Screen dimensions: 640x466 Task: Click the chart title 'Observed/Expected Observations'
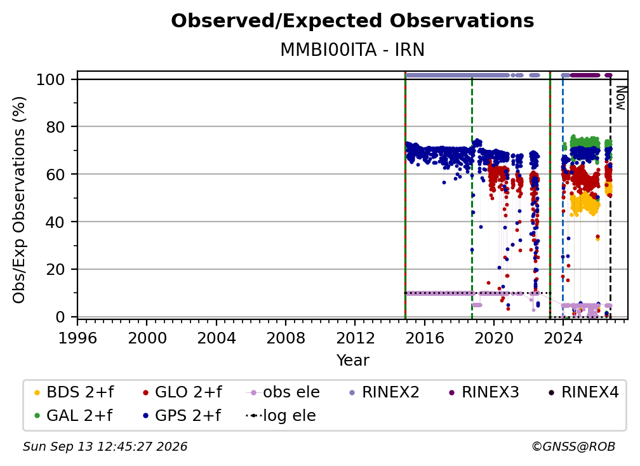click(x=352, y=21)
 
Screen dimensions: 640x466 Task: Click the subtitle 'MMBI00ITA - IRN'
click(x=352, y=50)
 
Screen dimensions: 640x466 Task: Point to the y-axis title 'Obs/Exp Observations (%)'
click(x=19, y=200)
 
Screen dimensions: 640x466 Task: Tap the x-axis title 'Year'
click(x=352, y=360)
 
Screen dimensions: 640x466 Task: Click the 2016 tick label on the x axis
click(x=425, y=338)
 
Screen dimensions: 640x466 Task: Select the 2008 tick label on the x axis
click(x=286, y=338)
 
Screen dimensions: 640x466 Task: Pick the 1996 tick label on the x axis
click(x=77, y=338)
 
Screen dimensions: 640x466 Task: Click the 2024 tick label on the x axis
click(x=563, y=338)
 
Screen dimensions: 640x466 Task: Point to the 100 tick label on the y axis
click(x=51, y=79)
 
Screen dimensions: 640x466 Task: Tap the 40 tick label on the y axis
click(x=55, y=222)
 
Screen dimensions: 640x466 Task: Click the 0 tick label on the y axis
click(x=60, y=317)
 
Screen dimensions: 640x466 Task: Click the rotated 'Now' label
click(x=620, y=98)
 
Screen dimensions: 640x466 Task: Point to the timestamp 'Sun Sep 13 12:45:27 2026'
click(x=105, y=446)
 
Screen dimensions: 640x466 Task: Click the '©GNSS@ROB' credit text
click(x=573, y=446)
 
